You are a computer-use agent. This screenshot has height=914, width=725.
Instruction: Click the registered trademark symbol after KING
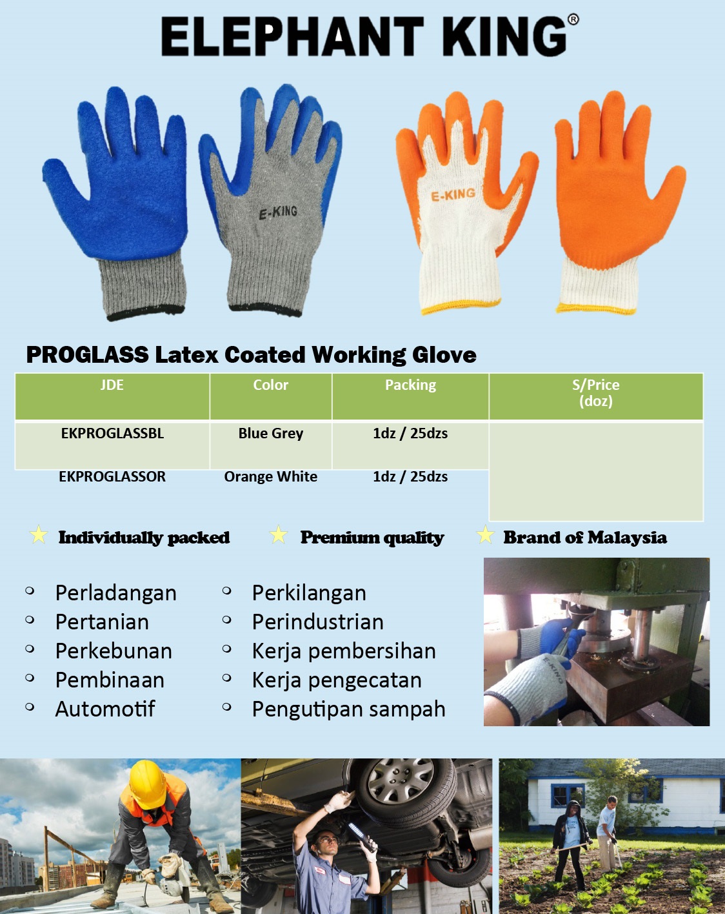point(573,19)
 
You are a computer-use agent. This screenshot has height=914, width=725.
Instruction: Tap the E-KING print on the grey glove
point(278,212)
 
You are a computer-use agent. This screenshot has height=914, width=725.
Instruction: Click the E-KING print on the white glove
point(453,194)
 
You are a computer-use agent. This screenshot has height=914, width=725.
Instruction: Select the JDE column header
point(112,385)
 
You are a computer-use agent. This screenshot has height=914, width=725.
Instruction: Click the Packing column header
point(410,385)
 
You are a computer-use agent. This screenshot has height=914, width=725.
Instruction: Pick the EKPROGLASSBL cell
point(112,433)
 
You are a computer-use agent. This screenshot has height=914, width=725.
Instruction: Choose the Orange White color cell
point(271,476)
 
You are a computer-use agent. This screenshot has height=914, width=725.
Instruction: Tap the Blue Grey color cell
point(271,433)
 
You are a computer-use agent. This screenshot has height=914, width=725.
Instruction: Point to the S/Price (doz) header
point(596,393)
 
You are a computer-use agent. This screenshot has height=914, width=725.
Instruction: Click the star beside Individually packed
point(39,534)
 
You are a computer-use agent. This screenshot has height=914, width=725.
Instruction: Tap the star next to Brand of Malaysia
point(485,534)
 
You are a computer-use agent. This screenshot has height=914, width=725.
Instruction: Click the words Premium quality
point(372,538)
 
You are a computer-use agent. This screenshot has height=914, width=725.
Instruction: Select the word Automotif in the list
point(105,709)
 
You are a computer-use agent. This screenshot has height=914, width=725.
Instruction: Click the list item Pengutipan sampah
point(349,710)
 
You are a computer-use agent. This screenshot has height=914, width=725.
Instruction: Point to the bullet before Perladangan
point(30,591)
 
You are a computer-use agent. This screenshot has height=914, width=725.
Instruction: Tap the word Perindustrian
point(318,622)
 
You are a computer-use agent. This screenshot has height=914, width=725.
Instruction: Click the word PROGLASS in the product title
point(88,354)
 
